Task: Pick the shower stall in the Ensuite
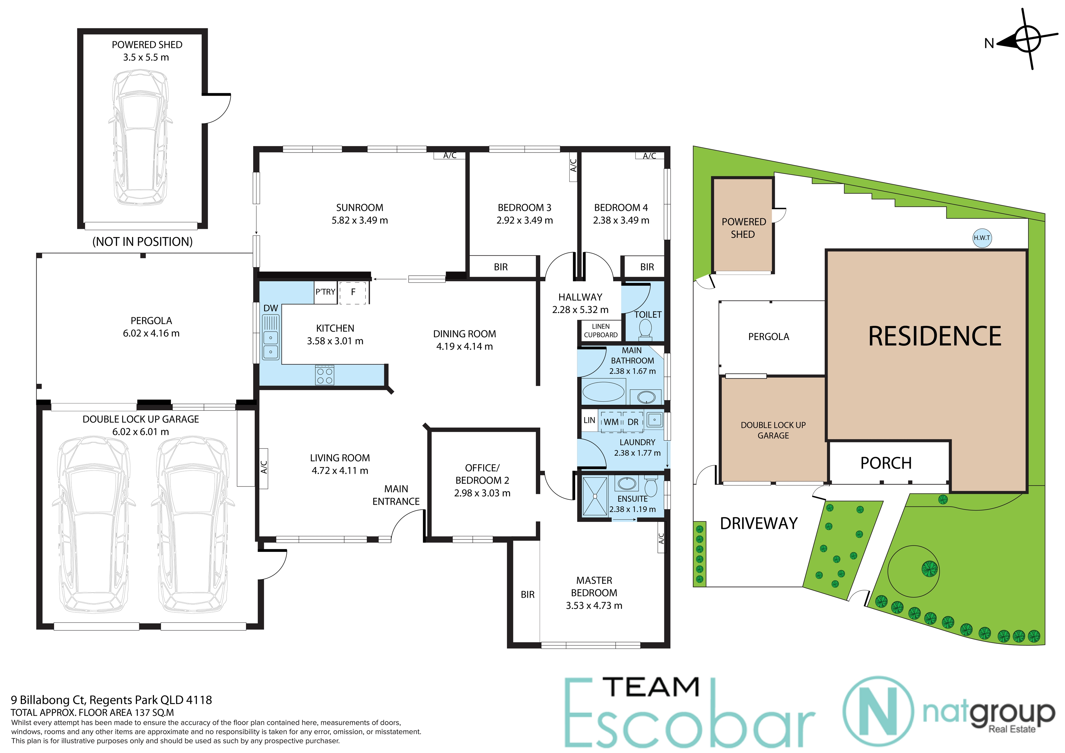click(x=595, y=496)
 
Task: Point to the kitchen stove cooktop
click(x=325, y=375)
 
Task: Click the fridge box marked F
click(x=353, y=292)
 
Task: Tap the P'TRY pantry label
click(x=325, y=292)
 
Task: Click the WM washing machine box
click(x=611, y=422)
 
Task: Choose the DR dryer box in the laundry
click(x=633, y=422)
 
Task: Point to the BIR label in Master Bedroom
click(x=528, y=594)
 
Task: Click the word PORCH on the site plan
click(x=886, y=463)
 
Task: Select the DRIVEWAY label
click(x=759, y=523)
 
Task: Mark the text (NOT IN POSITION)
click(x=142, y=242)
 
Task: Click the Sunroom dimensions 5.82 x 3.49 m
click(x=359, y=220)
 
